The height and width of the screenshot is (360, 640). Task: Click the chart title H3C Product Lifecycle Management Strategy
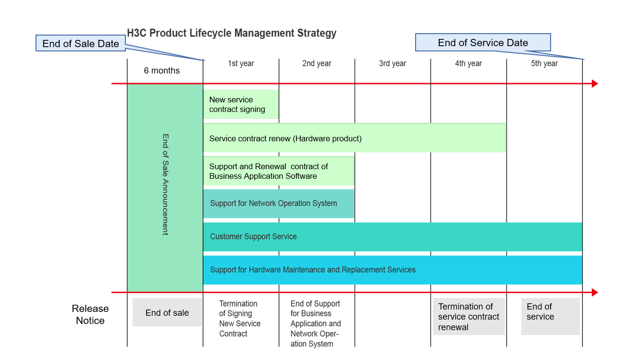pyautogui.click(x=232, y=33)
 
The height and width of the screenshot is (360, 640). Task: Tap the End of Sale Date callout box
pyautogui.click(x=81, y=43)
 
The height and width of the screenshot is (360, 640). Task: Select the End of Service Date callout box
pyautogui.click(x=483, y=43)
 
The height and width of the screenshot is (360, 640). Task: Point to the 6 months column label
pyautogui.click(x=162, y=71)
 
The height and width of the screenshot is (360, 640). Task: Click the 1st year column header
pyautogui.click(x=241, y=63)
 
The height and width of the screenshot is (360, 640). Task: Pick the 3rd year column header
pyautogui.click(x=393, y=63)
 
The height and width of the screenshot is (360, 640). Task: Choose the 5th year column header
pyautogui.click(x=544, y=63)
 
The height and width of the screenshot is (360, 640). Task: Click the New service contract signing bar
pyautogui.click(x=241, y=104)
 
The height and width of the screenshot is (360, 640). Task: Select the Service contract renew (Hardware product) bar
pyautogui.click(x=355, y=138)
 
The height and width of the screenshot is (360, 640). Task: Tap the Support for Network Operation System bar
pyautogui.click(x=279, y=204)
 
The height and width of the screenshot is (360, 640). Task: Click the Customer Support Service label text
pyautogui.click(x=253, y=236)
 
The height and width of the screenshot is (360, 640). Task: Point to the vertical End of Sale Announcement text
pyautogui.click(x=165, y=185)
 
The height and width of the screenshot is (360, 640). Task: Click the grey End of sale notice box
pyautogui.click(x=167, y=312)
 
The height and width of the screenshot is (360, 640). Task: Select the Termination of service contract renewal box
pyautogui.click(x=468, y=317)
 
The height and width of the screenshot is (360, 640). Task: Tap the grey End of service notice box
pyautogui.click(x=551, y=317)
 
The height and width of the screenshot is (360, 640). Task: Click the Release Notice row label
pyautogui.click(x=90, y=314)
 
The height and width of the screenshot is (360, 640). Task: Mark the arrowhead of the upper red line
pyautogui.click(x=595, y=84)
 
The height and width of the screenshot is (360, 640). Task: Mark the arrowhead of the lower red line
pyautogui.click(x=595, y=293)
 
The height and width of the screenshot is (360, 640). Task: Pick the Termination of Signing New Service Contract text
pyautogui.click(x=240, y=319)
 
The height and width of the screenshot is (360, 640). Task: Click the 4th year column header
pyautogui.click(x=468, y=63)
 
